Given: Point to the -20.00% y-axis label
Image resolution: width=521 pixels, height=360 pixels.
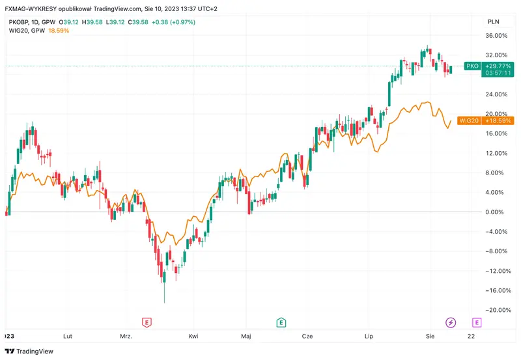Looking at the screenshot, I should click(496, 310).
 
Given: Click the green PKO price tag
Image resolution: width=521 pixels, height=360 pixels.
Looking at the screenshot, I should click(472, 66).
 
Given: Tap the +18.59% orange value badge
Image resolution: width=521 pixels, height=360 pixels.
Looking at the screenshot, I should click(500, 120).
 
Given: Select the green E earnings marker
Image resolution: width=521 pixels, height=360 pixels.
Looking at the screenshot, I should click(281, 322).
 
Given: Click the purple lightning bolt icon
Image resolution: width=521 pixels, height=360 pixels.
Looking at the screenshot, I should click(451, 322).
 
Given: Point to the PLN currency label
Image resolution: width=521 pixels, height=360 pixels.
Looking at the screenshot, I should click(494, 22).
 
